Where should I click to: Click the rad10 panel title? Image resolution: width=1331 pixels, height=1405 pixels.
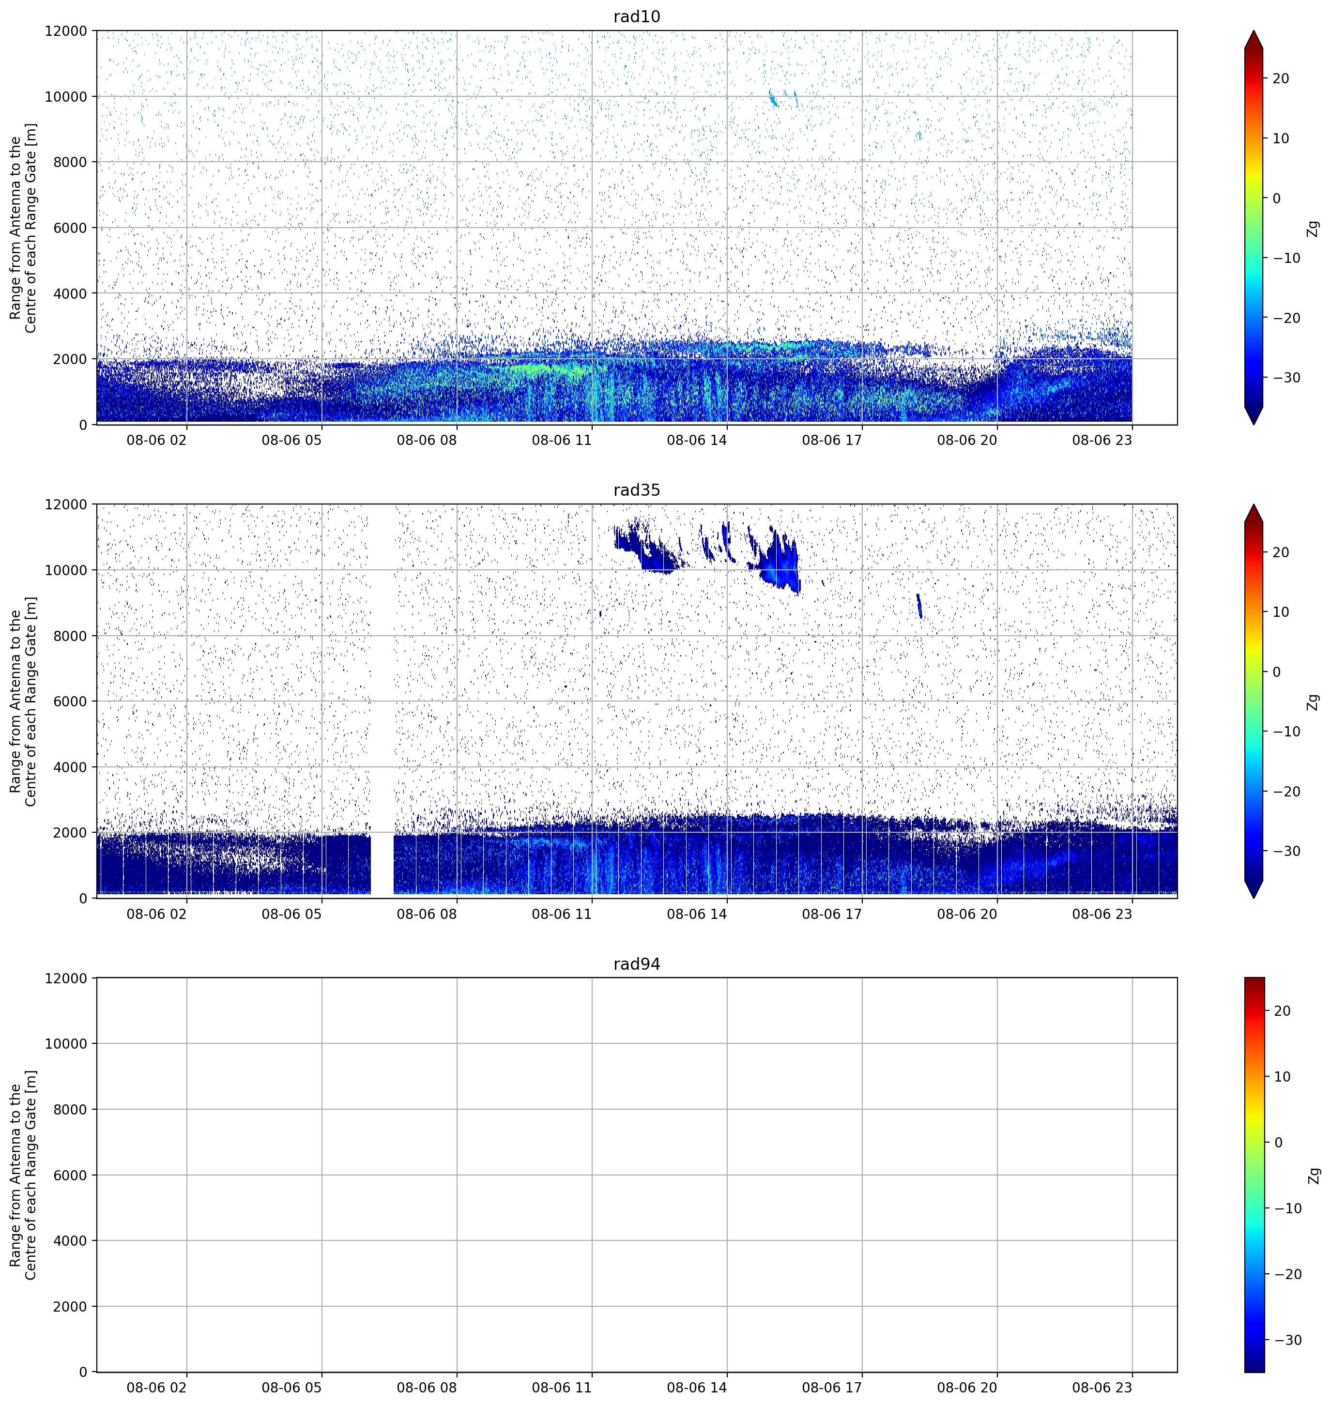pos(636,16)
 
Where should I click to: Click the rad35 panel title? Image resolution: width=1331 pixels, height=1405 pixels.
pos(636,490)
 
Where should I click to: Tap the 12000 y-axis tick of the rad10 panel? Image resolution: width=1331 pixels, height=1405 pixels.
pos(65,31)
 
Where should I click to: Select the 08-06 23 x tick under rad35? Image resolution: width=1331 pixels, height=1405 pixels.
pos(1102,914)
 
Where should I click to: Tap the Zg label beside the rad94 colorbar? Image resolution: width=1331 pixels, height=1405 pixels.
pos(1313,1175)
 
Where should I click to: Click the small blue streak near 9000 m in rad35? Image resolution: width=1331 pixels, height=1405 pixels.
pos(919,605)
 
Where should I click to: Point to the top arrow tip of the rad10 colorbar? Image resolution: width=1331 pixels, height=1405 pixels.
pos(1254,31)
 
